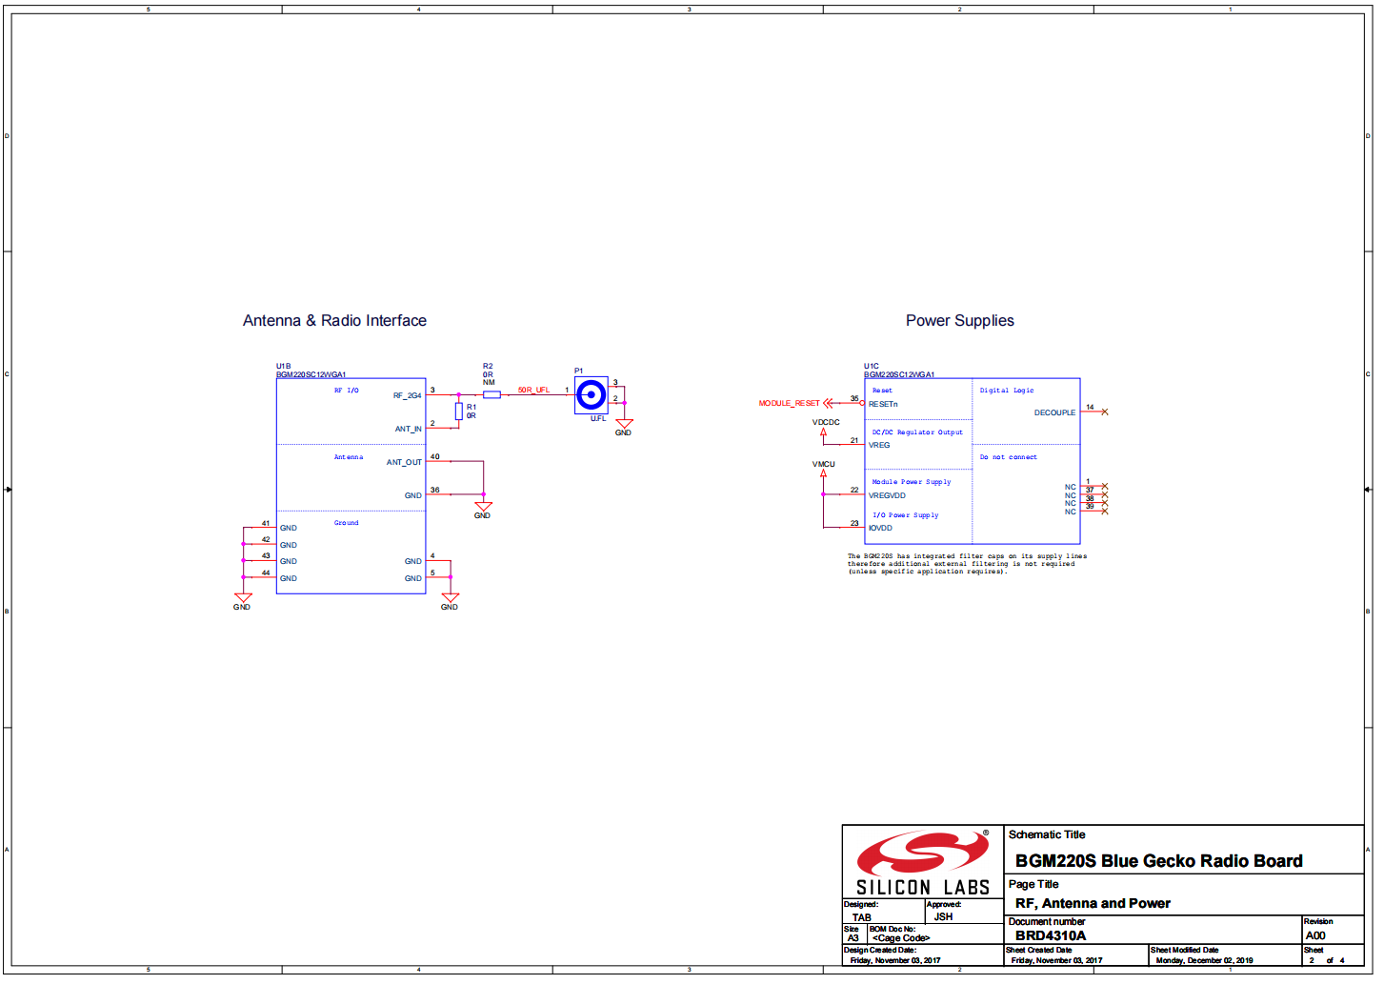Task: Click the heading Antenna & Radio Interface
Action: (334, 321)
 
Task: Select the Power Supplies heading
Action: (959, 321)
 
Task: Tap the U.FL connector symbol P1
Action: (591, 394)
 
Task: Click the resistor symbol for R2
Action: (491, 394)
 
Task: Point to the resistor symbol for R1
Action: (458, 412)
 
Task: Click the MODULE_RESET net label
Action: (789, 403)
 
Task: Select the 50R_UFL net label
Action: (533, 390)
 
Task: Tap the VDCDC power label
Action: (826, 422)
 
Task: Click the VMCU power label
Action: (823, 464)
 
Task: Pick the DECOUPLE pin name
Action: (1054, 412)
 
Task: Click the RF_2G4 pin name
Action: (407, 395)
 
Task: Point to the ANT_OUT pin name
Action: (404, 462)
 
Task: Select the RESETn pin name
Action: (883, 404)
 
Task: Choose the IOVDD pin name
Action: (880, 528)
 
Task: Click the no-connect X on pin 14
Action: (1105, 412)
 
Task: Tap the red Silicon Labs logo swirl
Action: (922, 853)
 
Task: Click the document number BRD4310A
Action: (1050, 935)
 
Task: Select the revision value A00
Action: (1314, 935)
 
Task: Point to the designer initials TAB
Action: (861, 917)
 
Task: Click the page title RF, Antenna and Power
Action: (1093, 903)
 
